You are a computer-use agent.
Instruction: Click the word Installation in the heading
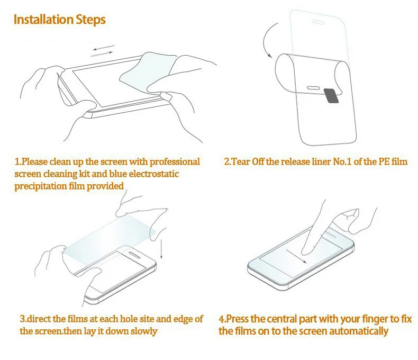pyautogui.click(x=43, y=20)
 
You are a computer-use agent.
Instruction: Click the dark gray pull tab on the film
pyautogui.click(x=331, y=95)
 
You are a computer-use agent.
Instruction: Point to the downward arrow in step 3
pyautogui.click(x=161, y=249)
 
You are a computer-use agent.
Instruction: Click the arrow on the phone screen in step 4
pyautogui.click(x=296, y=257)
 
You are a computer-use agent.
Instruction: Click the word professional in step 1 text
pyautogui.click(x=175, y=162)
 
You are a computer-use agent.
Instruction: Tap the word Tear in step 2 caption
pyautogui.click(x=241, y=161)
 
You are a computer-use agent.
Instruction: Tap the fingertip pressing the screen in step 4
pyautogui.click(x=306, y=250)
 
